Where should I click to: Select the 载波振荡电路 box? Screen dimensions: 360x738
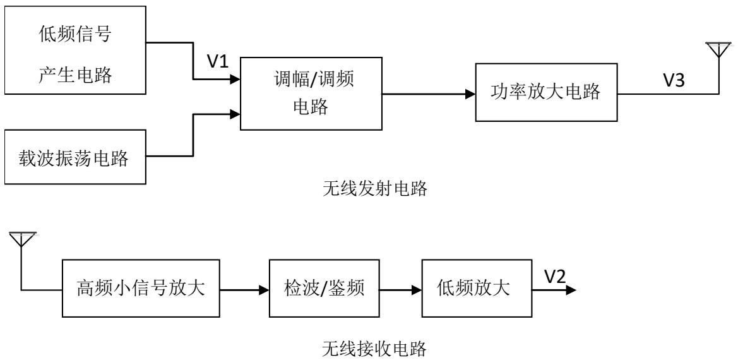click(x=76, y=158)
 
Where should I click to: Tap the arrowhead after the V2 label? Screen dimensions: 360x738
click(x=571, y=290)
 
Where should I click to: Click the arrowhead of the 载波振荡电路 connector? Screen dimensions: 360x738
click(x=235, y=114)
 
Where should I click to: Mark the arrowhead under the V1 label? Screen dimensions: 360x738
click(x=235, y=80)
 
